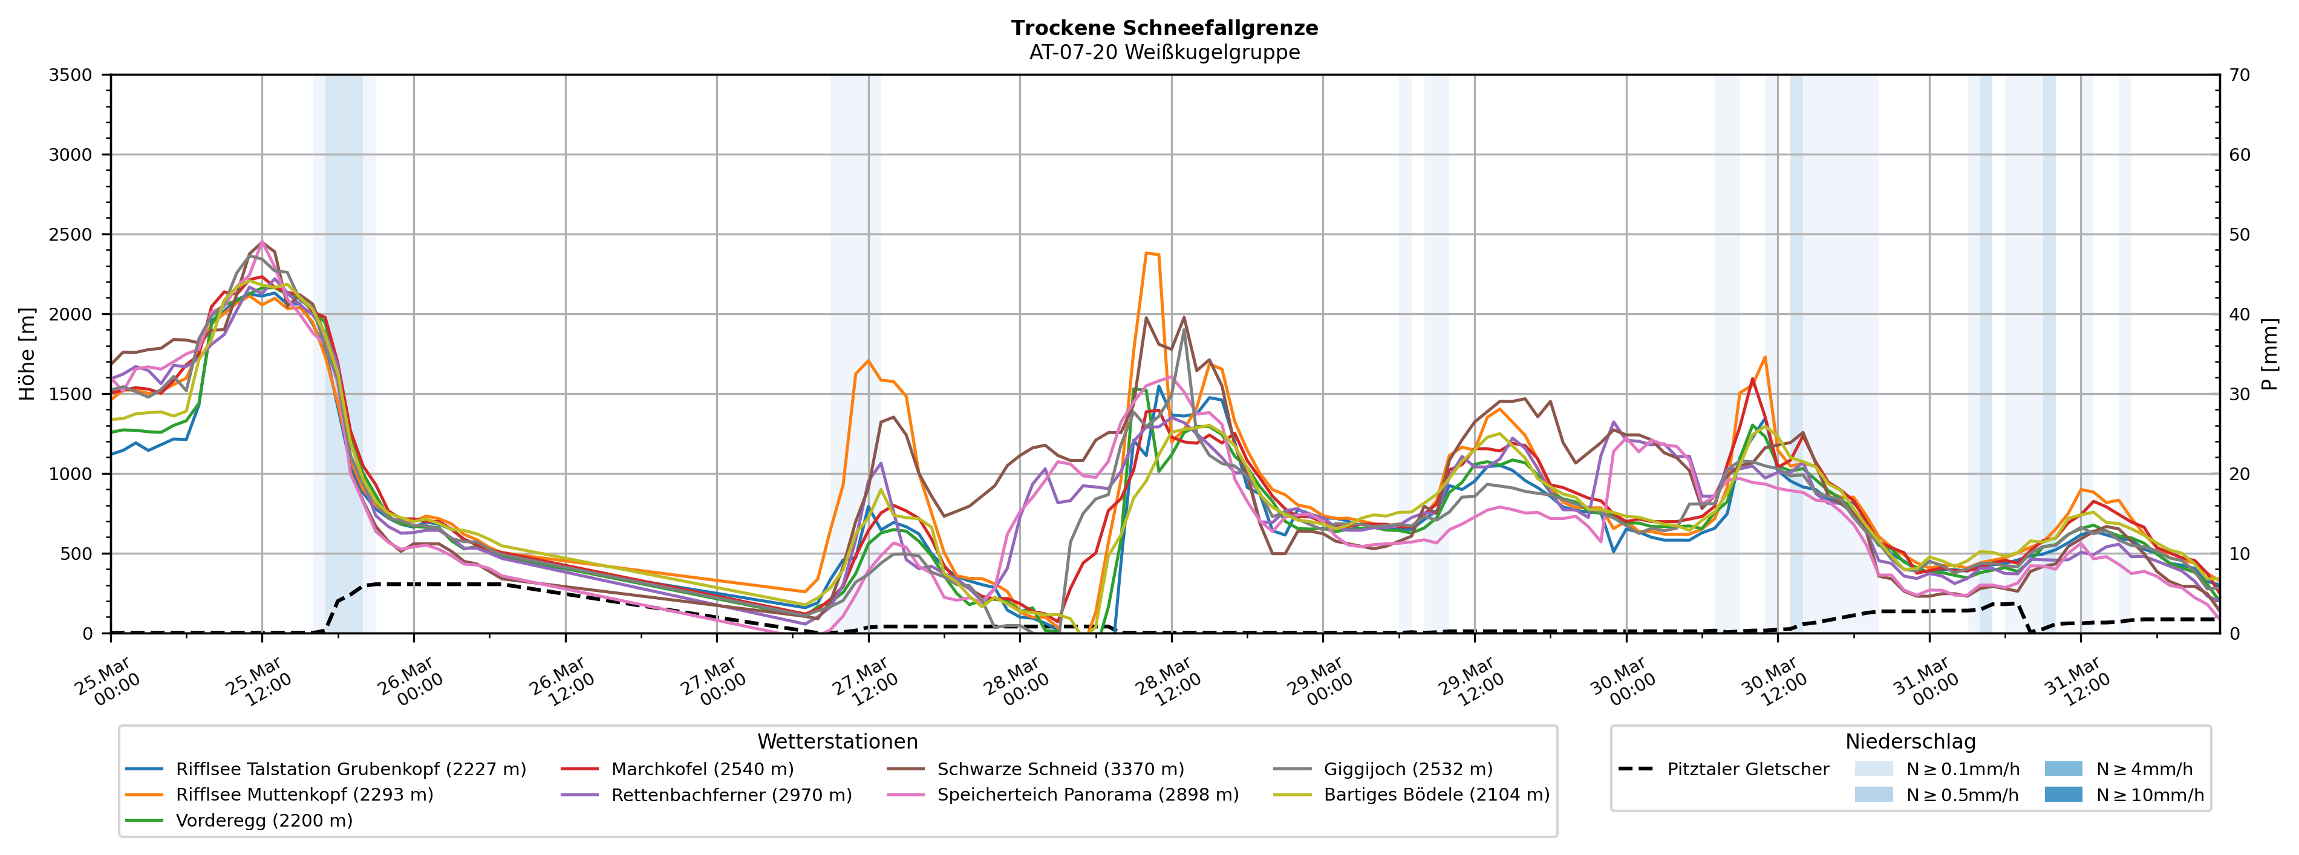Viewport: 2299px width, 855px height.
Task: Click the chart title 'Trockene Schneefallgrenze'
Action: [1164, 28]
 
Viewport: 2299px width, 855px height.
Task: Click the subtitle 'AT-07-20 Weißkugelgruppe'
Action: [1164, 52]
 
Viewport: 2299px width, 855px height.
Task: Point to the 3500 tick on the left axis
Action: [71, 75]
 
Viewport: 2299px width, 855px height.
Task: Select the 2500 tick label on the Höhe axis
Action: [71, 235]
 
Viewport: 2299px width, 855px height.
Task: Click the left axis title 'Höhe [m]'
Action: [27, 353]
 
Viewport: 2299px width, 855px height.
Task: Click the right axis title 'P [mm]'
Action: [2269, 353]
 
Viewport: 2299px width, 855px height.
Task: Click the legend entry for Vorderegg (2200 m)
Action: [263, 820]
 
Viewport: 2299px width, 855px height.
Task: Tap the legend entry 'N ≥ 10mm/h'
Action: [2149, 795]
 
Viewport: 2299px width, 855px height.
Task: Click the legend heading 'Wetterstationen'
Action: [837, 742]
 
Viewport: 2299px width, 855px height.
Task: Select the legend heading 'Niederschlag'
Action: [1910, 742]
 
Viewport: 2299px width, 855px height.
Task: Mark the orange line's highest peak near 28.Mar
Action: [1147, 253]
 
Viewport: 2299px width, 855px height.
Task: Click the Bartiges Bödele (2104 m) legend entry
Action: [1436, 795]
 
